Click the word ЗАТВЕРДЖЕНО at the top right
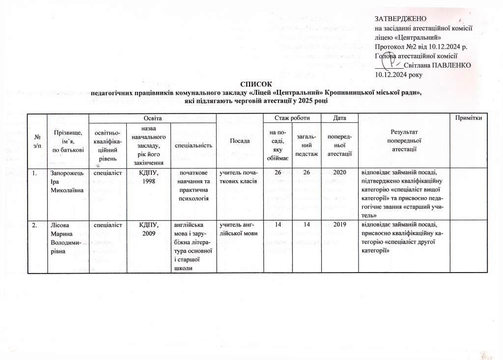[x=399, y=19]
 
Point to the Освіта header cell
[x=152, y=117]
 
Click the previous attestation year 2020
[x=339, y=173]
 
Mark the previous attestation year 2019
[x=339, y=225]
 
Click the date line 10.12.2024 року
[x=398, y=75]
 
